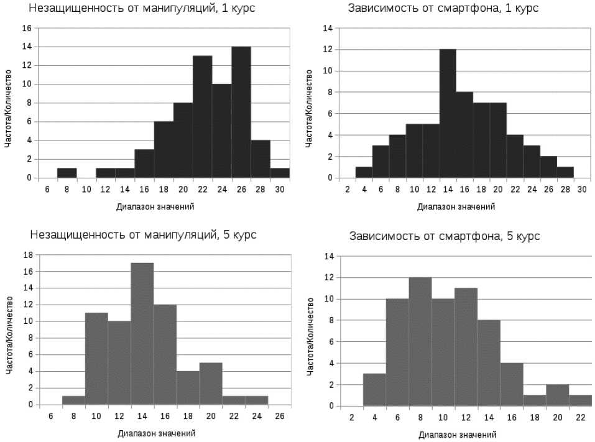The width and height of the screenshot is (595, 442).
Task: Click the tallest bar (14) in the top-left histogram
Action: tap(241, 112)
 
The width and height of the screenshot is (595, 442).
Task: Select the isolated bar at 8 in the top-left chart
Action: tap(67, 173)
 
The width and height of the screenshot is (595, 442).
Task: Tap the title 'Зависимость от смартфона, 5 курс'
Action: tap(445, 236)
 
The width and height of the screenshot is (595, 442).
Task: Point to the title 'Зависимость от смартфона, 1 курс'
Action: tap(443, 9)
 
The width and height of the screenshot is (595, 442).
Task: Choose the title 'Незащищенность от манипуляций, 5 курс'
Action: tap(144, 234)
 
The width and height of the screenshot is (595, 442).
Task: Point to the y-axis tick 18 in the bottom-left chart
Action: tap(27, 254)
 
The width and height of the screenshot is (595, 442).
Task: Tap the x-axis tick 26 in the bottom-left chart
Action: tap(280, 416)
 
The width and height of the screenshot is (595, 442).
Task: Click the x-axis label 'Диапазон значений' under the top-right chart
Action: tap(457, 206)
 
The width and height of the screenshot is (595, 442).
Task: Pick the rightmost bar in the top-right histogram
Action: tap(565, 172)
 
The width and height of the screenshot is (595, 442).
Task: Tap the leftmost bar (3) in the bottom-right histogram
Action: tap(374, 390)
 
